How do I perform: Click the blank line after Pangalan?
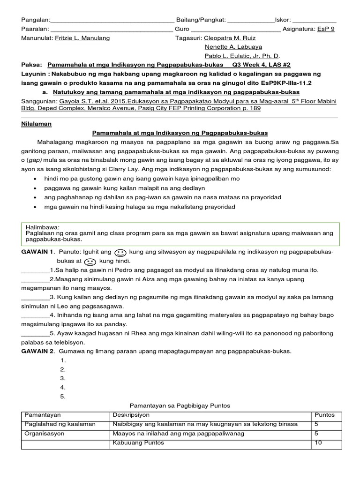(x=111, y=21)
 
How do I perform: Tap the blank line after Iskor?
(x=314, y=21)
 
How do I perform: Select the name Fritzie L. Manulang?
(x=82, y=38)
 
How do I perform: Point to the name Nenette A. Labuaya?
(x=233, y=47)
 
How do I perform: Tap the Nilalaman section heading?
(x=37, y=124)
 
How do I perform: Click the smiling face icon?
(x=120, y=253)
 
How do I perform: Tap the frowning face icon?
(x=91, y=262)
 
